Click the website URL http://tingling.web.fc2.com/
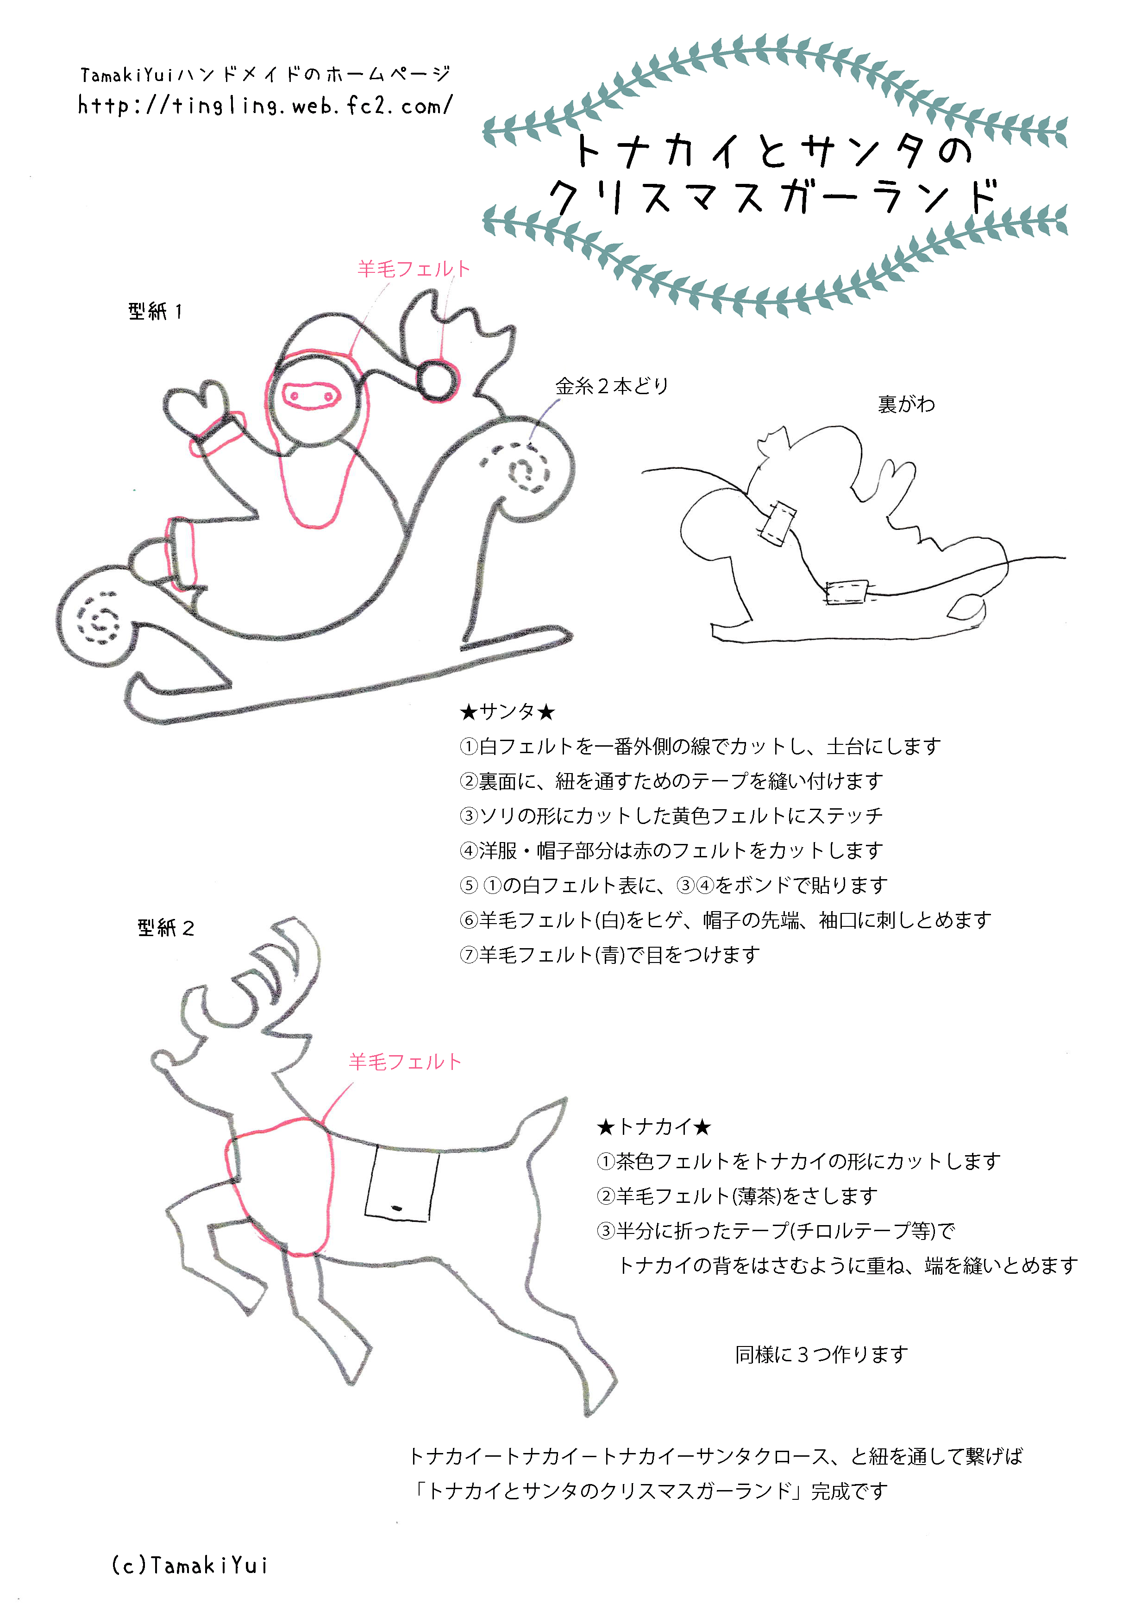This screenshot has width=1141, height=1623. [x=265, y=106]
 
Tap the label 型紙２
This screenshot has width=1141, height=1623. [x=166, y=927]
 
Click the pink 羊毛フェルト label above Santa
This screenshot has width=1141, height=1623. [x=414, y=269]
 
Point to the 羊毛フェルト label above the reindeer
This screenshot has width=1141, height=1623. [x=405, y=1062]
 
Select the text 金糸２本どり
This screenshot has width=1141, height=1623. [x=612, y=386]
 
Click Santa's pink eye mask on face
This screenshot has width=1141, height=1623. [x=309, y=396]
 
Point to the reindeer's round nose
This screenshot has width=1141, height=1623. [x=161, y=1060]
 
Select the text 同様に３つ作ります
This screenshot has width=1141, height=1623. [x=821, y=1354]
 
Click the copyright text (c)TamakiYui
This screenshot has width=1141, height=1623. [x=189, y=1565]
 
